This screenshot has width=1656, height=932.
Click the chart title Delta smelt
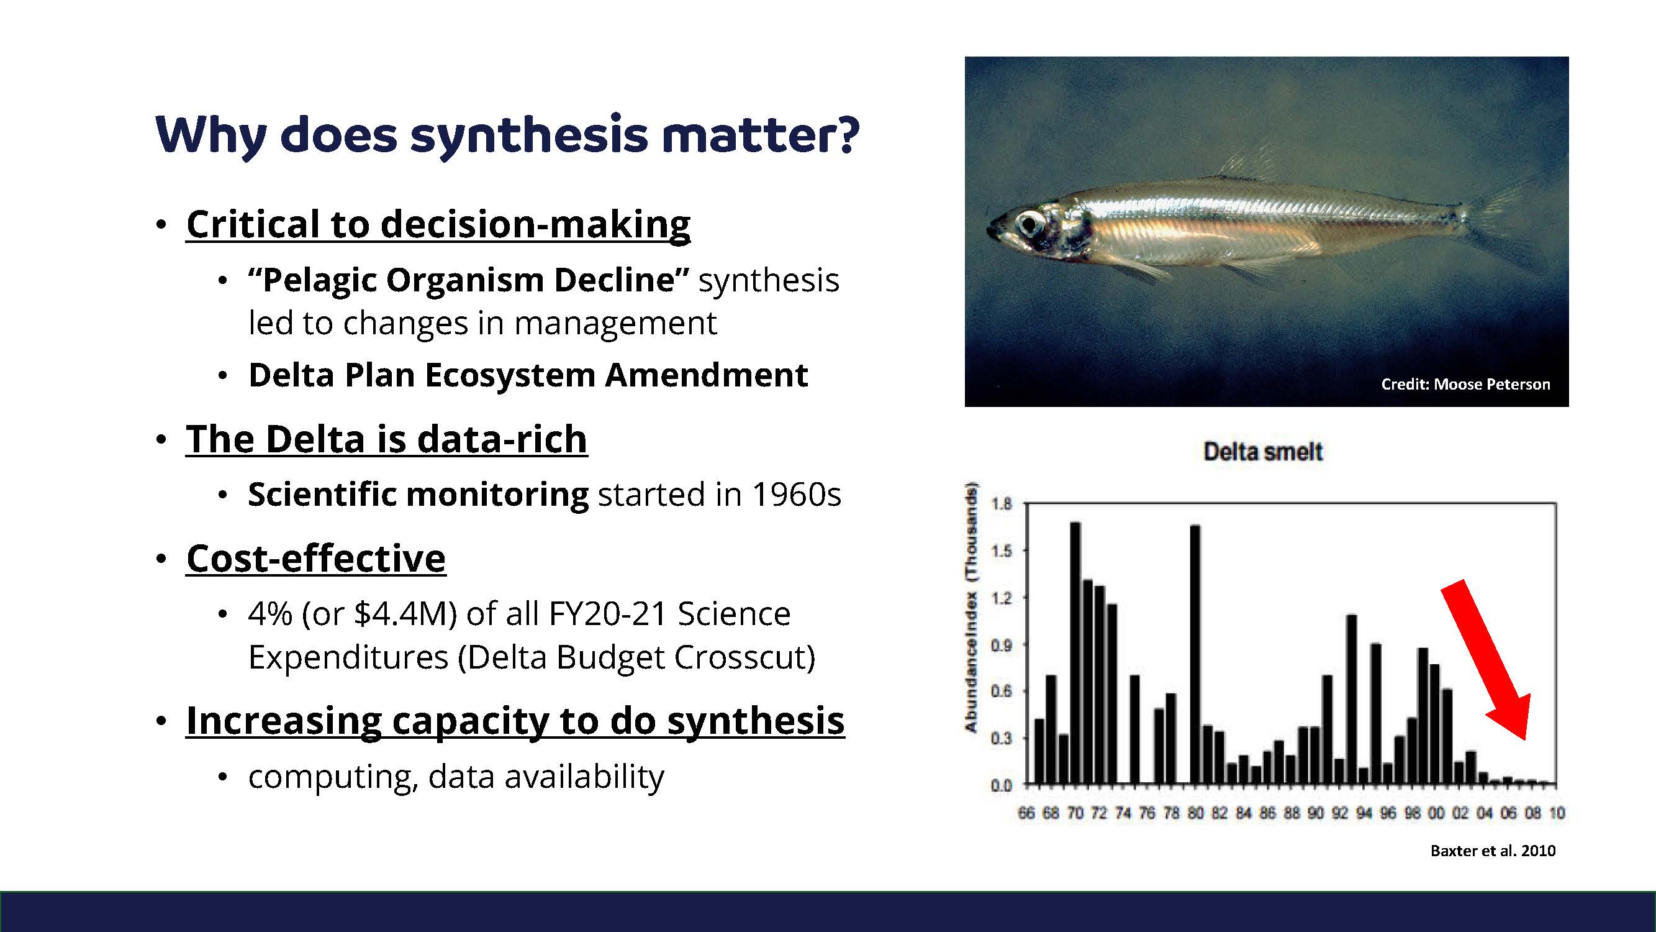(1263, 452)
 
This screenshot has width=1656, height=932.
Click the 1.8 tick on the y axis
(1001, 504)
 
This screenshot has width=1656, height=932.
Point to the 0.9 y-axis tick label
(1001, 644)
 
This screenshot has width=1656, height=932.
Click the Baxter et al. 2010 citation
(1493, 851)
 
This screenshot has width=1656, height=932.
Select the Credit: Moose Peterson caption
(1466, 384)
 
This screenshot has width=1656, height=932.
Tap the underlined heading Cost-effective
(315, 558)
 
